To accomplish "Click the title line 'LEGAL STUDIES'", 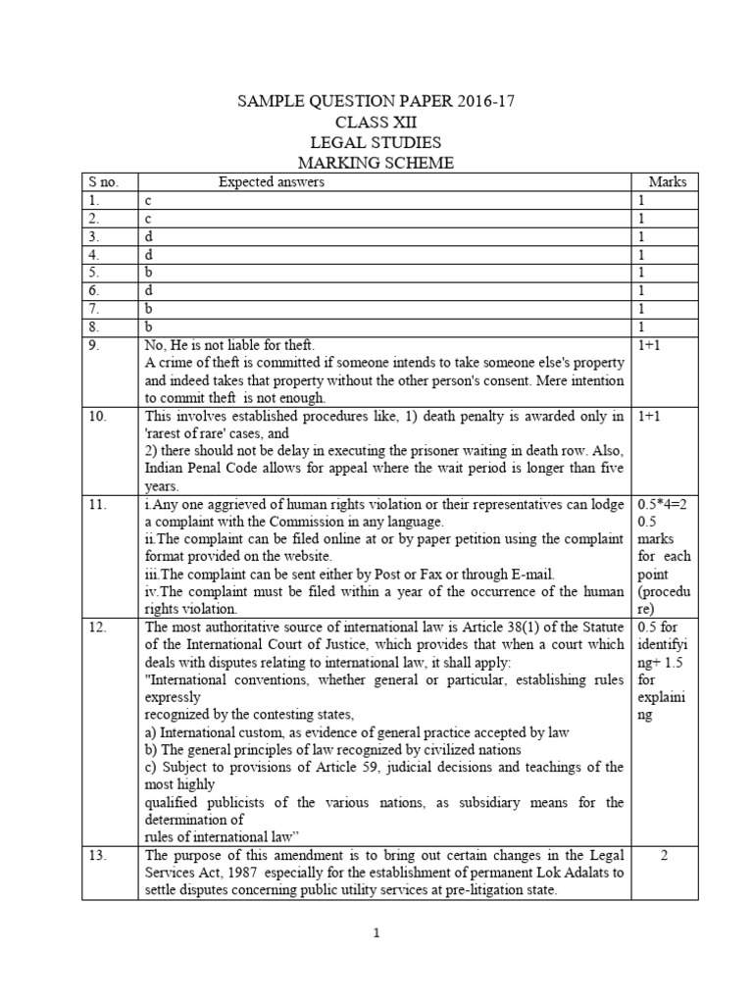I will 376,143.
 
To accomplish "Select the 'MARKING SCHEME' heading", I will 376,164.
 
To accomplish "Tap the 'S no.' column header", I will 101,182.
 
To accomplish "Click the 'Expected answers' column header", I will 271,182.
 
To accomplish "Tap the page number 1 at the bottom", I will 376,934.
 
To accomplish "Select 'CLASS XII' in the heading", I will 376,123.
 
